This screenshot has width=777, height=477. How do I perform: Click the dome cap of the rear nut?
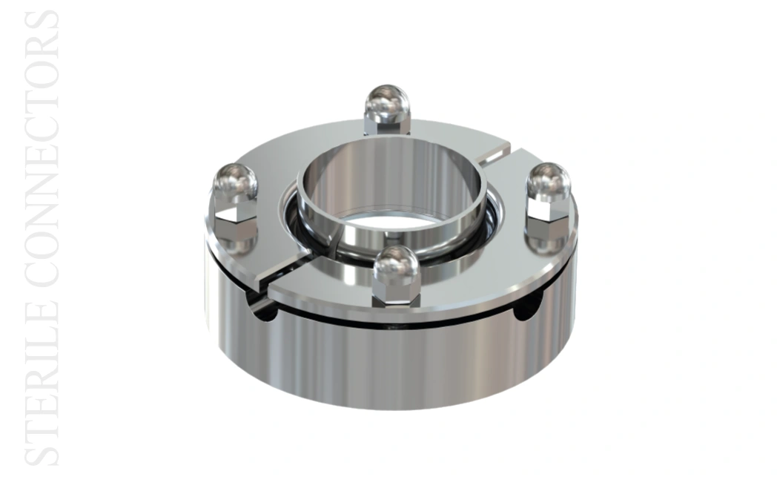387,103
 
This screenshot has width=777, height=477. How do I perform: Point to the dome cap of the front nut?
395,266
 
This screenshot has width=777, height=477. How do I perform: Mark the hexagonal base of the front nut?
395,295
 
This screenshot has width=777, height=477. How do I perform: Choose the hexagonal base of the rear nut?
387,127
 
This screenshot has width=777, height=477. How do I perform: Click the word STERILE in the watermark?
42,384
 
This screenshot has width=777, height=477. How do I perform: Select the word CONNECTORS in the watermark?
42,149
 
